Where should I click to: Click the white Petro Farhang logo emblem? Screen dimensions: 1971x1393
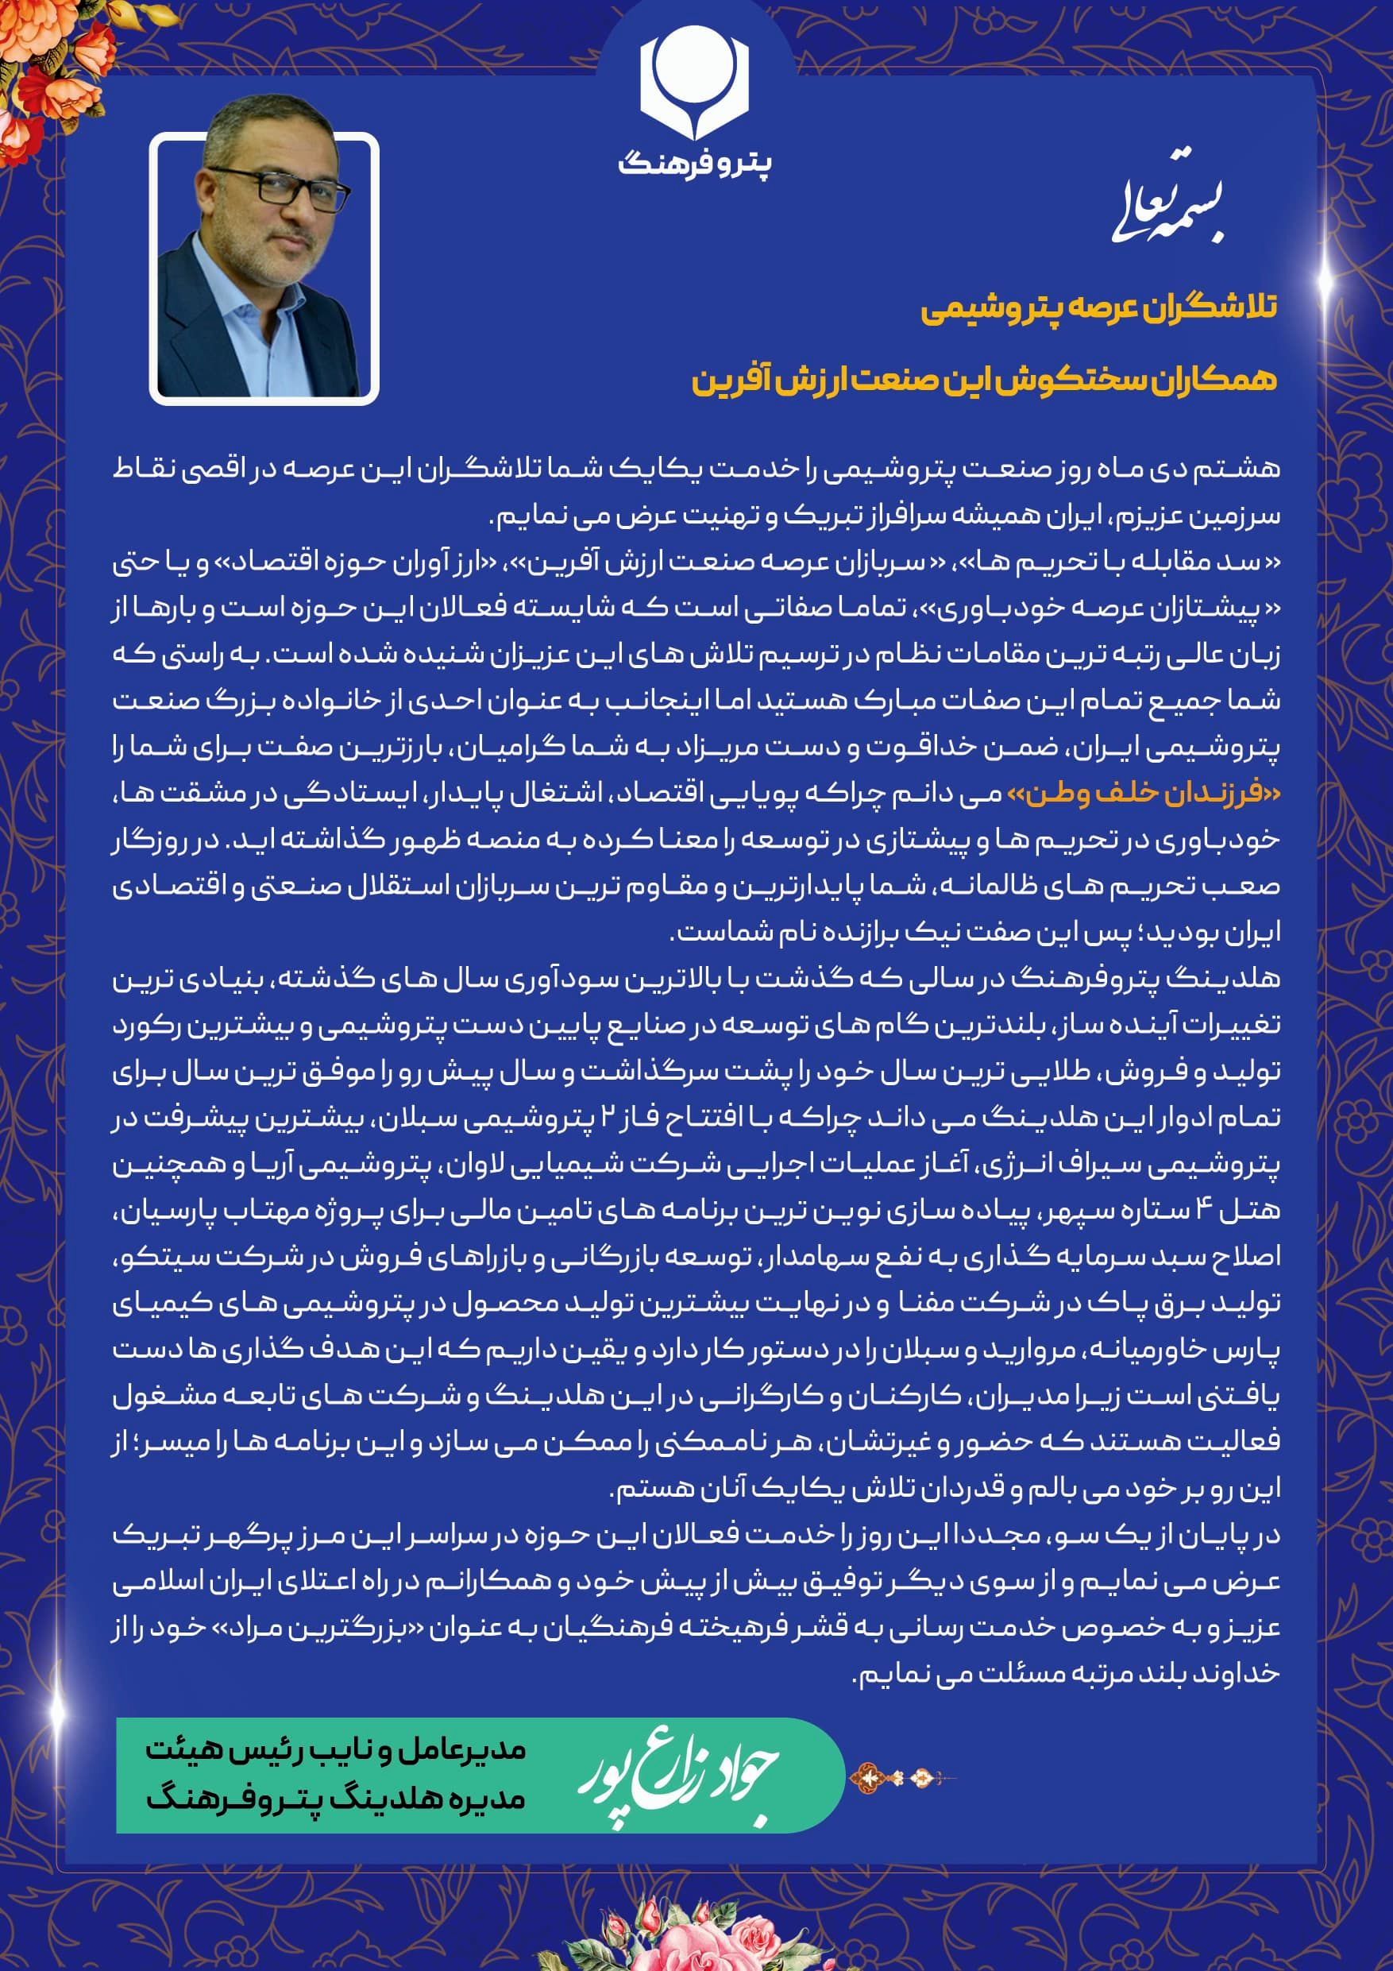tap(694, 82)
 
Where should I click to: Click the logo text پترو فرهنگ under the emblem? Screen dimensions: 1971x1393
tap(694, 162)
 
